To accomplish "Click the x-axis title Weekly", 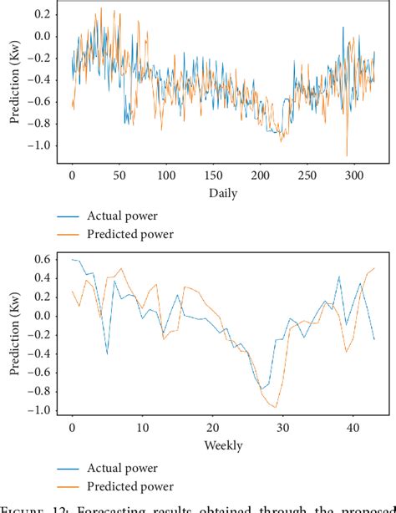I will coord(222,445).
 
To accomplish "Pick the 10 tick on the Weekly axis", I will coord(142,429).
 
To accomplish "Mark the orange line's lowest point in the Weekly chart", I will coord(275,407).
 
